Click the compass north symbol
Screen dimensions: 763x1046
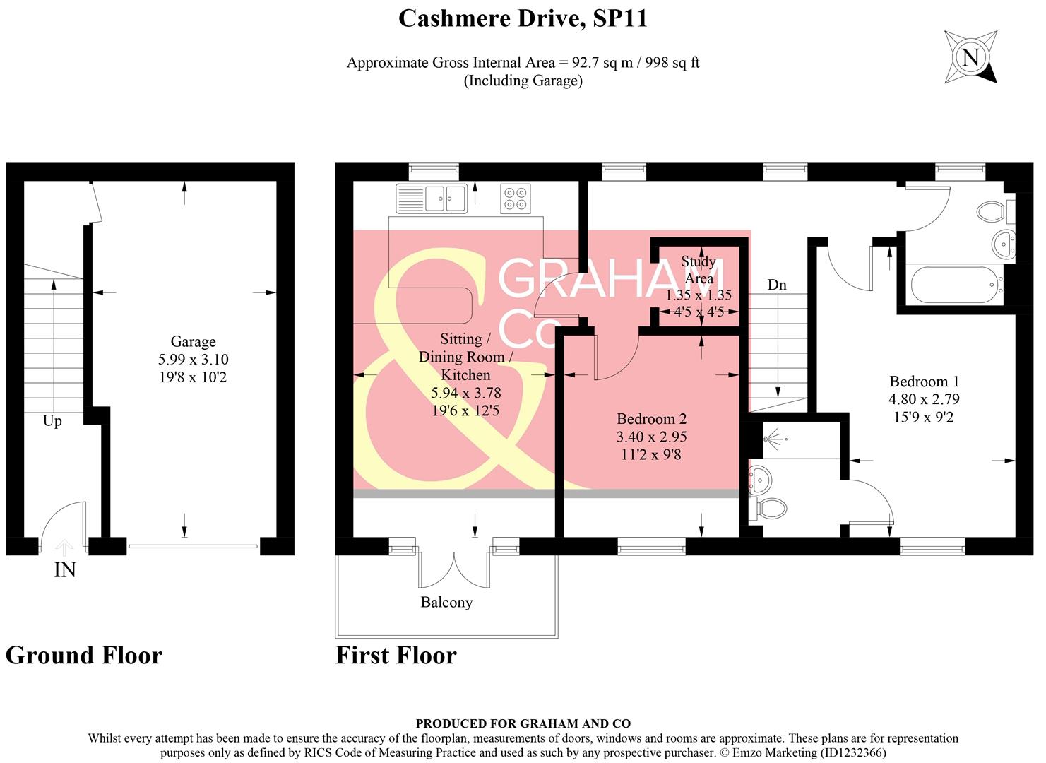point(971,57)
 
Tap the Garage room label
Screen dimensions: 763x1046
point(193,342)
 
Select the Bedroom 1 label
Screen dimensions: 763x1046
point(924,381)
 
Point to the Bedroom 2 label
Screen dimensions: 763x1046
point(651,419)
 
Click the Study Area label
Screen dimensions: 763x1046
point(699,270)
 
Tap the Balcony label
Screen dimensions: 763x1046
point(446,603)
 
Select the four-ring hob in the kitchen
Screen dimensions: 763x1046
point(516,198)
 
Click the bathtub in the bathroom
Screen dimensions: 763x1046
point(956,285)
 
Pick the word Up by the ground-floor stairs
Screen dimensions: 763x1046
point(52,421)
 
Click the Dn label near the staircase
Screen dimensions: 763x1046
point(777,285)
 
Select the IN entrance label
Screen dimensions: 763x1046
point(65,570)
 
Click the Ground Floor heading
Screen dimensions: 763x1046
point(84,656)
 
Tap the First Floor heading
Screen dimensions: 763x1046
point(396,656)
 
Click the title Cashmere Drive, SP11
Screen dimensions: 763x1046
point(523,18)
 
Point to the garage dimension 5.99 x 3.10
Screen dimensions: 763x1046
point(193,360)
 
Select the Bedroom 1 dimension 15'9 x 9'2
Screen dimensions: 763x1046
point(924,418)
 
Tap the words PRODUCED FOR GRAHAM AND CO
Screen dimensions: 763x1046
point(523,723)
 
